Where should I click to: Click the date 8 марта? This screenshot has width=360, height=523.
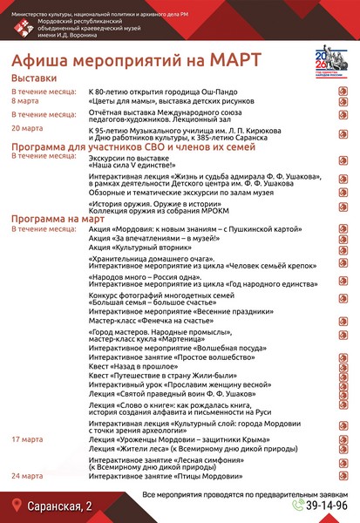[25, 101]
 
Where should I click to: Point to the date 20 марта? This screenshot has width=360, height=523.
[27, 128]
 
